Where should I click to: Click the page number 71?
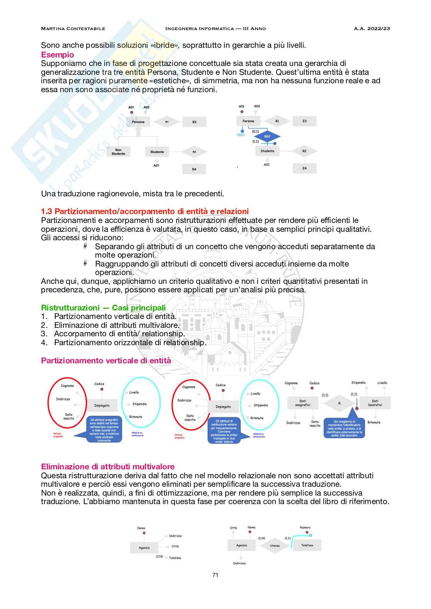pyautogui.click(x=215, y=575)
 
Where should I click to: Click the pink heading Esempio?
pyautogui.click(x=57, y=55)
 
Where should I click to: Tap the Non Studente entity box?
pyautogui.click(x=118, y=152)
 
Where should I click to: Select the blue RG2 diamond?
pyautogui.click(x=267, y=137)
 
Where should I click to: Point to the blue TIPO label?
pyautogui.click(x=241, y=135)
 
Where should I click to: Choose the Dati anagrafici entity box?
pyautogui.click(x=302, y=403)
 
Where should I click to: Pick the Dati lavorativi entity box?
pyautogui.click(x=375, y=403)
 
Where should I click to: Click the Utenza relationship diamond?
pyautogui.click(x=275, y=546)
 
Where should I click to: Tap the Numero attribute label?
pyautogui.click(x=305, y=527)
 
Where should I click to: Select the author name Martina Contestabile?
pyautogui.click(x=73, y=29)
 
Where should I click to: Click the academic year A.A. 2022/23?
pyautogui.click(x=372, y=29)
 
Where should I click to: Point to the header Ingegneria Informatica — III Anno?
pyautogui.click(x=215, y=29)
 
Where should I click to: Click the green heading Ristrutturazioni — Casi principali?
pyautogui.click(x=103, y=308)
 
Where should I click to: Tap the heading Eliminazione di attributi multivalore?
pyautogui.click(x=108, y=467)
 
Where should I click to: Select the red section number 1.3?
pyautogui.click(x=47, y=211)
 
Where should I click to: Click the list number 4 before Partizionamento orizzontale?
pyautogui.click(x=44, y=342)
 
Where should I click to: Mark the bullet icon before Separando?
pyautogui.click(x=85, y=246)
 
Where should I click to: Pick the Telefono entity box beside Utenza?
pyautogui.click(x=307, y=545)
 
